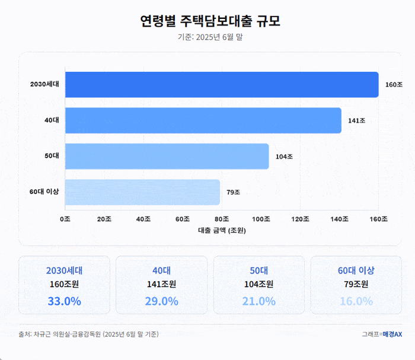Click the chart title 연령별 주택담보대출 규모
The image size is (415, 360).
pos(210,21)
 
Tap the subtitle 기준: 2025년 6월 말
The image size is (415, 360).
pos(210,37)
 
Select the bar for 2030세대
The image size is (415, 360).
pos(222,84)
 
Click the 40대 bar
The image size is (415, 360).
pos(203,120)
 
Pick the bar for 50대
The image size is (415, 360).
pos(167,157)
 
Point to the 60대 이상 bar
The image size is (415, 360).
pos(142,192)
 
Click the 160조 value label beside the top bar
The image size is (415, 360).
pos(394,85)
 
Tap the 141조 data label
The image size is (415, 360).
pos(356,121)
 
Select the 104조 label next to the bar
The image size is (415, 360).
pos(284,157)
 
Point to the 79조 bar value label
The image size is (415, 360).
pos(233,192)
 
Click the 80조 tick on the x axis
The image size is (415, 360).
pos(222,219)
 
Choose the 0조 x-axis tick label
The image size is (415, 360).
pos(65,219)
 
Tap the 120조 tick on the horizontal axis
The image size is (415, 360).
pos(300,219)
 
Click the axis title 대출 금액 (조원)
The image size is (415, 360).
pos(222,230)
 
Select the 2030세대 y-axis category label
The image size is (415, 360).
pos(44,85)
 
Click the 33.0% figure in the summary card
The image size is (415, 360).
pos(64,301)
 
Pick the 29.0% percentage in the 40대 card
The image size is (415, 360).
pos(161,301)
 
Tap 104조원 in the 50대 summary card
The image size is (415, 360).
pos(258,284)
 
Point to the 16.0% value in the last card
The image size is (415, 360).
pos(356,301)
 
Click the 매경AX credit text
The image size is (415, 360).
pos(392,334)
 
